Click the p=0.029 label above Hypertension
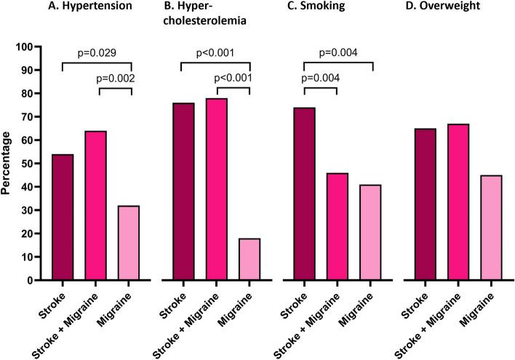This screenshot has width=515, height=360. (x=96, y=54)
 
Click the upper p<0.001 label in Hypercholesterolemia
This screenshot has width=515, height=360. (x=215, y=54)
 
